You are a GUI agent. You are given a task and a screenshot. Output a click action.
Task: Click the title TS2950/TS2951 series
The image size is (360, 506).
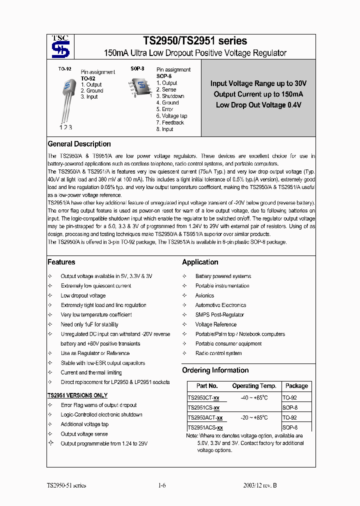coord(195,41)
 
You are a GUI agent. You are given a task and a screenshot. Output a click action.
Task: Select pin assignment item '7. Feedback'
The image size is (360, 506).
coord(170,122)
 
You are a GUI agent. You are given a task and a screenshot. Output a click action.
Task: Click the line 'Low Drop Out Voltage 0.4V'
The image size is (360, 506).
coord(258,105)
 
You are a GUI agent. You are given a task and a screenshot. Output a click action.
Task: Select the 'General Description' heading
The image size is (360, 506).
coord(79,144)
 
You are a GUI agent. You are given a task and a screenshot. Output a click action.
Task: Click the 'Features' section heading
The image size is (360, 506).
coord(61,262)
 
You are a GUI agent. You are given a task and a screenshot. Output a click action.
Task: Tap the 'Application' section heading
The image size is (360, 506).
coord(200,262)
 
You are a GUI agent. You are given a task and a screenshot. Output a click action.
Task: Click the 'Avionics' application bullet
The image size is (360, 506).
coord(204,295)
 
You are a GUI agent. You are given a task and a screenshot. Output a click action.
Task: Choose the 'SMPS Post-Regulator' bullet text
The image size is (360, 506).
coord(219,315)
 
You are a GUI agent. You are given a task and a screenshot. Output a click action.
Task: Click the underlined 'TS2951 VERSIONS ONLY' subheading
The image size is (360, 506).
coord(77,395)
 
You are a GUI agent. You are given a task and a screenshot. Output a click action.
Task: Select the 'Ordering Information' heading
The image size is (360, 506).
coord(215,370)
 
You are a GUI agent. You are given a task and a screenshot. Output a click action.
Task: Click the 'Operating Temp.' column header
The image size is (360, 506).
coord(254,386)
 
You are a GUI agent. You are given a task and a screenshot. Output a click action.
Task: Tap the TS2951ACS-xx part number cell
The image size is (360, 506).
coord(205,427)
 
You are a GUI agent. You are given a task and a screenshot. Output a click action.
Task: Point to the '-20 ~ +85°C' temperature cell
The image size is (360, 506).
coord(254,417)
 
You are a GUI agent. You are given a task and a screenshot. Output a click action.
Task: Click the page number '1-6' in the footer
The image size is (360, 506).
coord(161,485)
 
